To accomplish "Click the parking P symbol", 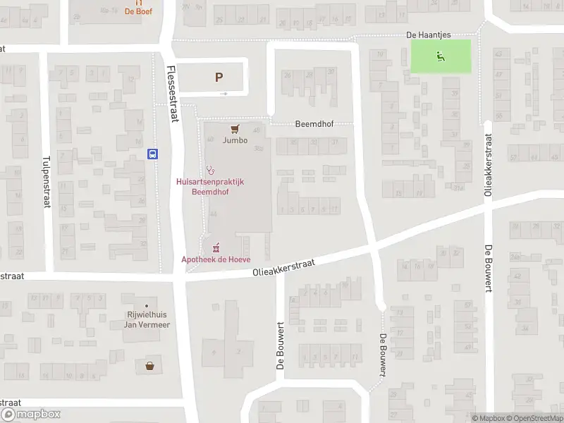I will point(219,78).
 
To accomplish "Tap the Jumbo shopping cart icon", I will point(235,129).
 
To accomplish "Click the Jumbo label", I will point(235,140).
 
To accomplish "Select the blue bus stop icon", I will point(152,154).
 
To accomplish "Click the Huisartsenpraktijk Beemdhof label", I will point(209,186).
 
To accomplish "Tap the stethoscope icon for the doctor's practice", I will point(209,170).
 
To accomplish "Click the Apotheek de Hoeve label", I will point(216,259).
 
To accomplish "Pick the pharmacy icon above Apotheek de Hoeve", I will point(216,247).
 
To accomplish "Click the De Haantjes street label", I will point(428,35).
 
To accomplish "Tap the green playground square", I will point(441,56).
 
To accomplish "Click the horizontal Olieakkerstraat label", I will point(283,267).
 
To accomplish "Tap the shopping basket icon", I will point(149,366).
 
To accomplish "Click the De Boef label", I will point(139,11).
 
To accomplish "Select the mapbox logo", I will point(31,415).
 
